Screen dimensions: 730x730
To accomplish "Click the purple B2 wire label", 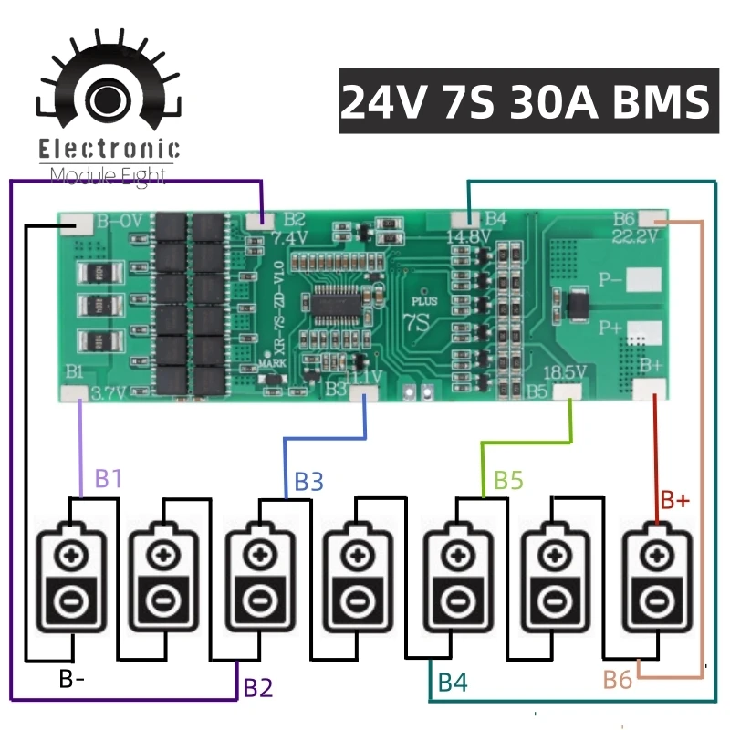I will point(257,687).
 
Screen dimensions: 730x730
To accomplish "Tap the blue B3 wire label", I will point(308,481).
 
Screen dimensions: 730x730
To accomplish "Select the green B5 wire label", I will point(508,481).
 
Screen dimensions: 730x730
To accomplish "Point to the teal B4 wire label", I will point(454,682).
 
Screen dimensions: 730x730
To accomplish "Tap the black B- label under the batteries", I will point(73,679).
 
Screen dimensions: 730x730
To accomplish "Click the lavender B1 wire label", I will point(109,478).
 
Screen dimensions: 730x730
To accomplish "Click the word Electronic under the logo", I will point(109,151).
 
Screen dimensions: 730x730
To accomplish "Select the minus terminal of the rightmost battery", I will point(654,601).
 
